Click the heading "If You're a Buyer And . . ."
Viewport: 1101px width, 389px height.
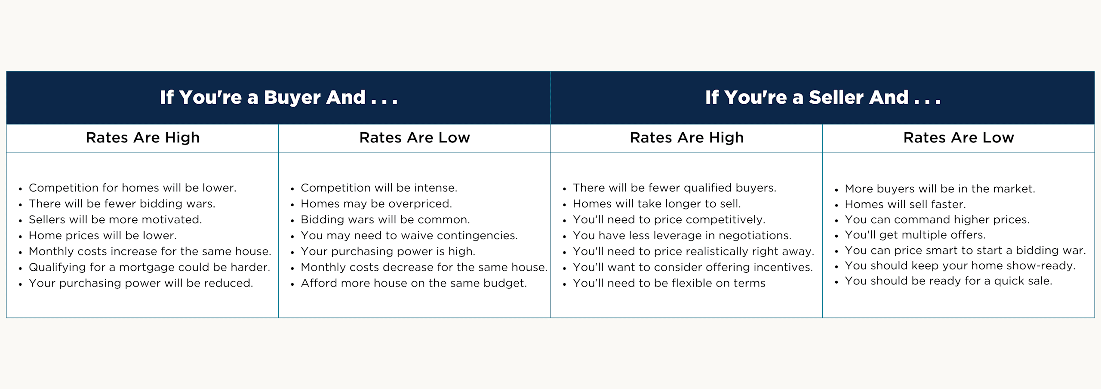(x=279, y=98)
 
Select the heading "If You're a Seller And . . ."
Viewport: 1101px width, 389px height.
(x=822, y=98)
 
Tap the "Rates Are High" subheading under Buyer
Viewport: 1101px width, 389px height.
(x=142, y=138)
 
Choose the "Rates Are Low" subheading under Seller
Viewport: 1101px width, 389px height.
(x=958, y=138)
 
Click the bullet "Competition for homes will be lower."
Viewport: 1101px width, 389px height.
(x=132, y=188)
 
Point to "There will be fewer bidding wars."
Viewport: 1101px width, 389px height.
(x=122, y=204)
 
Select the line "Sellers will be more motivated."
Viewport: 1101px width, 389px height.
(x=115, y=220)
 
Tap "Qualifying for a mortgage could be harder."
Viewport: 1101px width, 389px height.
(x=149, y=268)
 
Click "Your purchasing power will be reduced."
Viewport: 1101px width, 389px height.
(x=141, y=284)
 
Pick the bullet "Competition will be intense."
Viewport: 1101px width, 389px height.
(x=378, y=188)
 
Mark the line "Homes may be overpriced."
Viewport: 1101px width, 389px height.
(x=376, y=204)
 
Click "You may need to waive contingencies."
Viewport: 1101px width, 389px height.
(x=409, y=236)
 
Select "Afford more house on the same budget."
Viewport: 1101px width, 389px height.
(x=413, y=284)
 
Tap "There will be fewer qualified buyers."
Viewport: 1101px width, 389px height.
(x=674, y=188)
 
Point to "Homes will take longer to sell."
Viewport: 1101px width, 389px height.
(x=657, y=204)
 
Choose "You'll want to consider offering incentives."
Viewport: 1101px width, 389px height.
(x=692, y=268)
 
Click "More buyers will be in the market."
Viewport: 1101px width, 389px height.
(x=940, y=189)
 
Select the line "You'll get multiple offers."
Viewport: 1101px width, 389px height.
(x=915, y=235)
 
